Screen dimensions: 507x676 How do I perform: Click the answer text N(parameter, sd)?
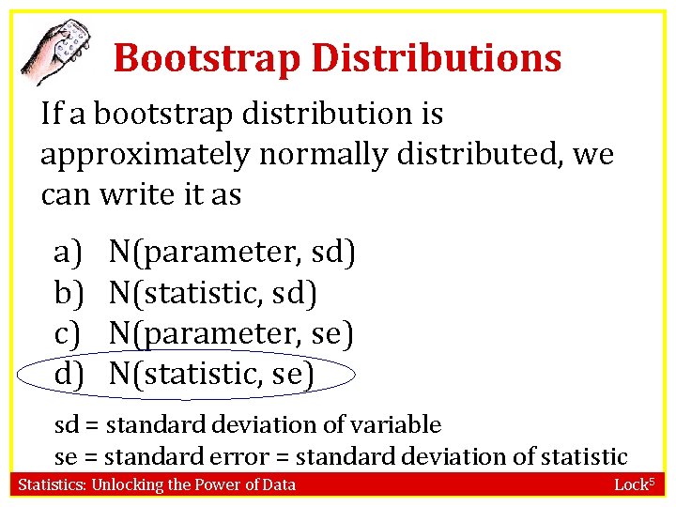[232, 252]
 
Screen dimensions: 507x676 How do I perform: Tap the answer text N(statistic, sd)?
[213, 293]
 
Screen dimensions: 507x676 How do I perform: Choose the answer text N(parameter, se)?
[231, 333]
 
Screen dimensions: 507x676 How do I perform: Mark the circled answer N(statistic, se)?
[212, 375]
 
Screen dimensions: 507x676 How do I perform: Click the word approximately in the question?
[146, 154]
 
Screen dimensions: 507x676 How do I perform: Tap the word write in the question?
[133, 194]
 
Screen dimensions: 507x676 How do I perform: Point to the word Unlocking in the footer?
[126, 485]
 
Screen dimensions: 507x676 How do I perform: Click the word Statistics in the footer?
[53, 485]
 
